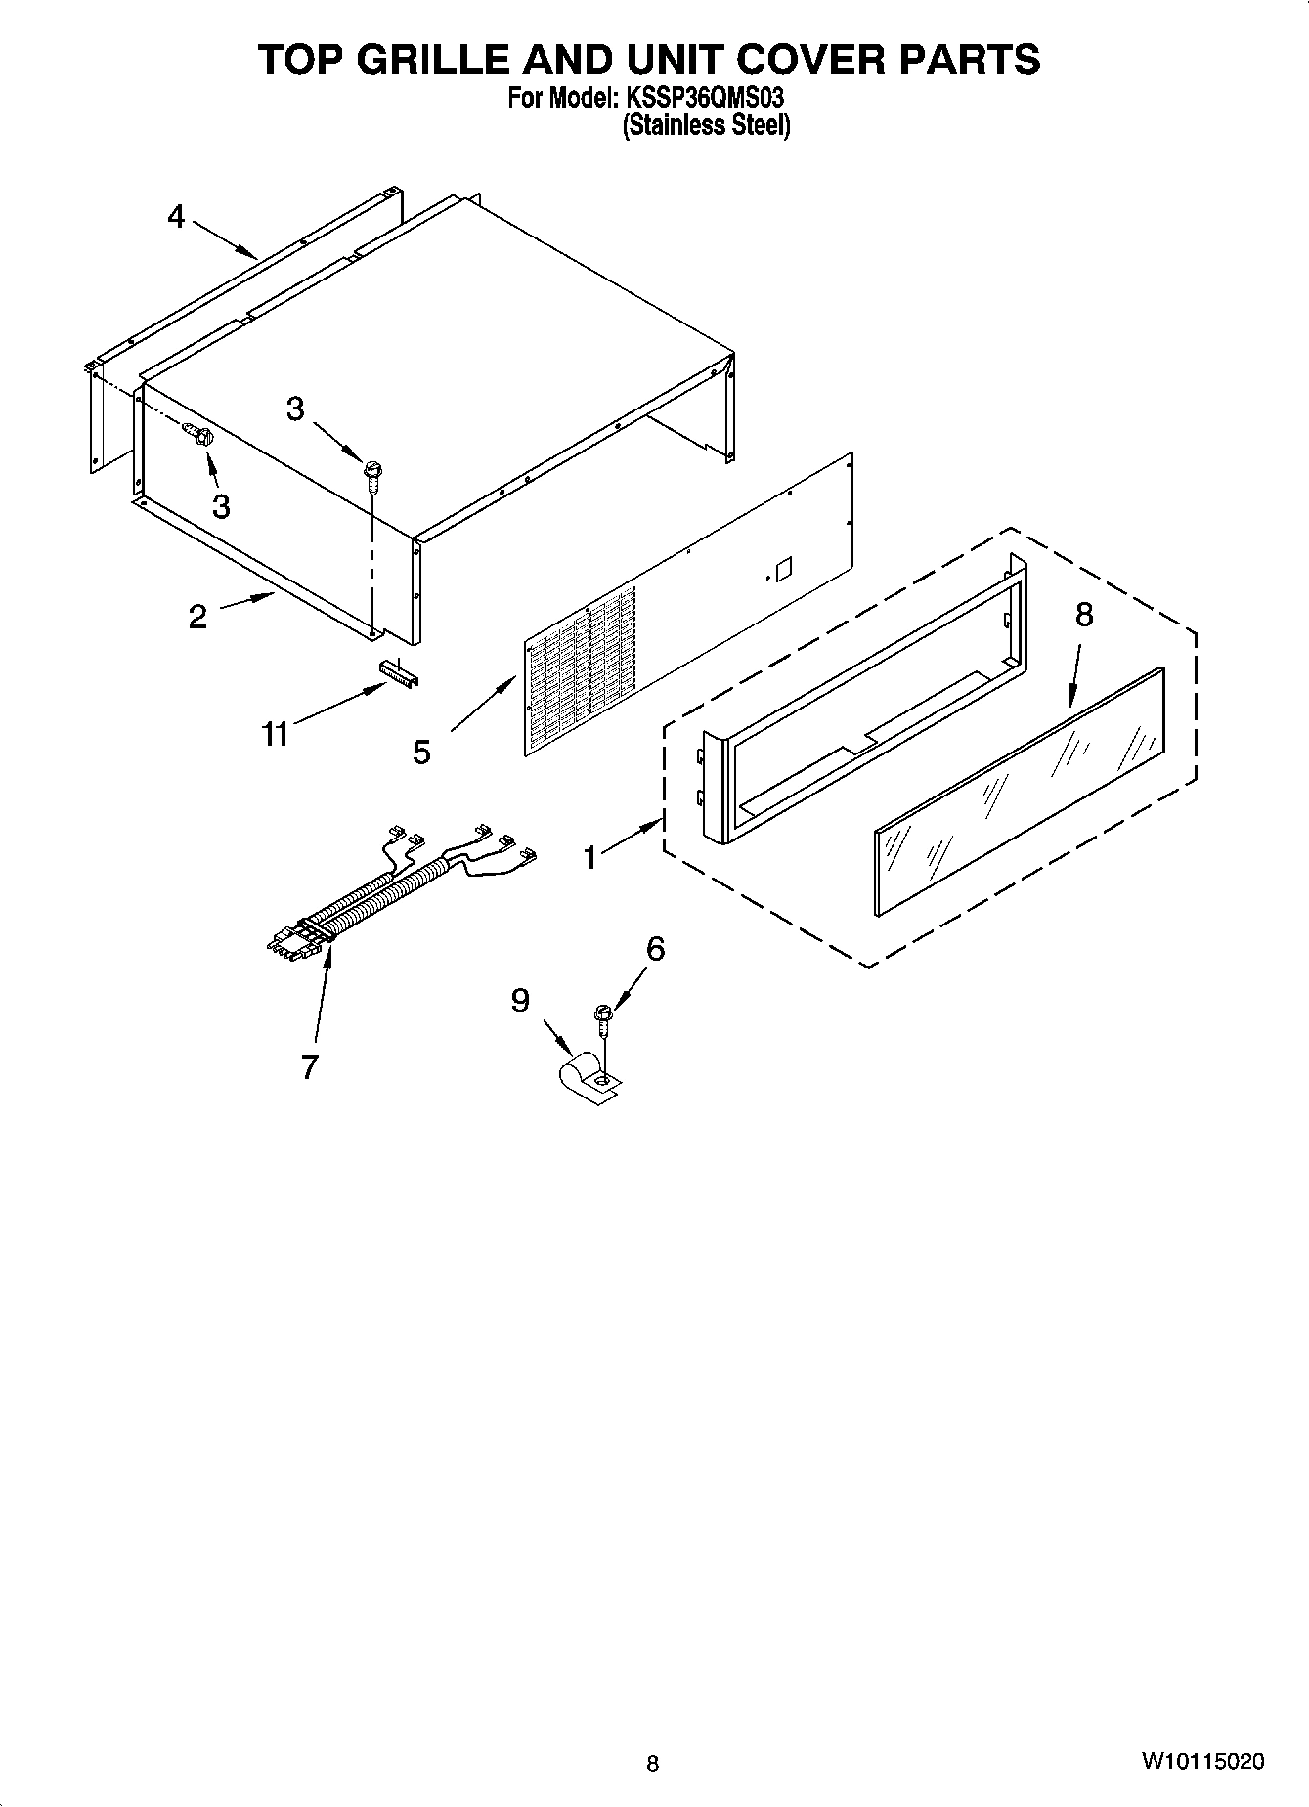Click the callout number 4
tap(176, 216)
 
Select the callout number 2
tap(197, 617)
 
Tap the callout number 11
tap(275, 733)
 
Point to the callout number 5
tap(421, 752)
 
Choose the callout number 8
tap(1083, 615)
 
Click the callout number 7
tap(309, 1067)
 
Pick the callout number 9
tap(520, 1000)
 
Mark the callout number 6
tap(655, 948)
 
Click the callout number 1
tap(589, 857)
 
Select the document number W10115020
tap(1201, 1762)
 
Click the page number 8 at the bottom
tap(653, 1763)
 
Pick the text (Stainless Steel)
tap(707, 125)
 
